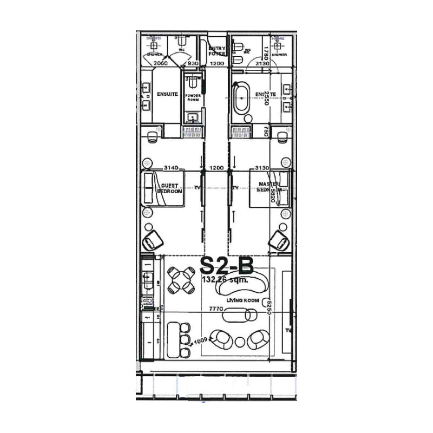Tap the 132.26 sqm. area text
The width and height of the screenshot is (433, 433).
pos(225,280)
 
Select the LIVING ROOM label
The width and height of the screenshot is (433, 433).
pos(243,301)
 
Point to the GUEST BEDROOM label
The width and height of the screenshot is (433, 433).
pos(169,188)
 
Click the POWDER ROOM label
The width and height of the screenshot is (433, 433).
pos(194,97)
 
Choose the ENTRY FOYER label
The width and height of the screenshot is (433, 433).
pos(216,51)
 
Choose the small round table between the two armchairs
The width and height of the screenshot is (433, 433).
pos(240,342)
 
